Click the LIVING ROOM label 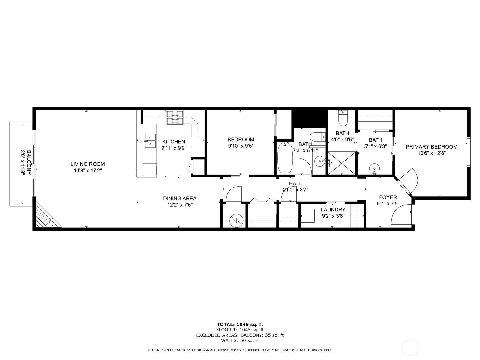point(88,164)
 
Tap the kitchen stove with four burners point(175,117)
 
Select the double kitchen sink point(150,141)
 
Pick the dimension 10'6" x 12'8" point(431,153)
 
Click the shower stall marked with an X point(342,163)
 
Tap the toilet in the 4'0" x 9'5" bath point(343,119)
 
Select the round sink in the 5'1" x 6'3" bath point(374,168)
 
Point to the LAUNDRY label point(333,210)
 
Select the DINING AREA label point(180,198)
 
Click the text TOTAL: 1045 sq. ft point(240,324)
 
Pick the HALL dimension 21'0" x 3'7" point(295,190)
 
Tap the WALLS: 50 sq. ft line point(240,340)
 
